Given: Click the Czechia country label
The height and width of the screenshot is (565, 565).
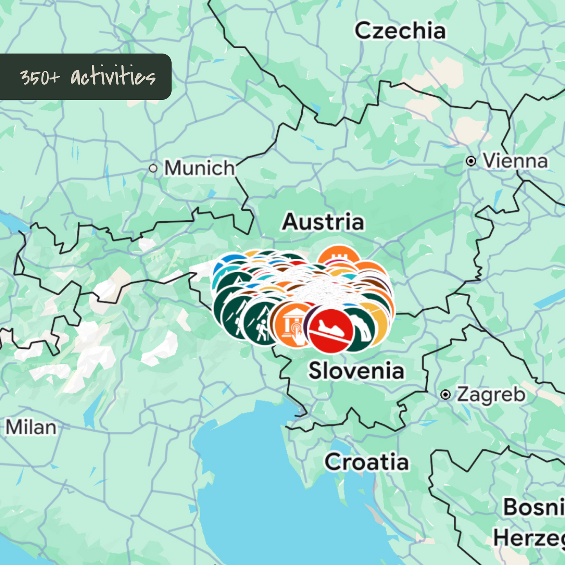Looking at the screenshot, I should pos(400,31).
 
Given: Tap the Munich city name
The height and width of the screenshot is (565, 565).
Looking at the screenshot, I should pos(199,168).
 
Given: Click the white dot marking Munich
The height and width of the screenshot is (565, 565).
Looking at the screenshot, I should pos(153,169).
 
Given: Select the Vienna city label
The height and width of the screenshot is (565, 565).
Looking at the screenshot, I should pos(515,161).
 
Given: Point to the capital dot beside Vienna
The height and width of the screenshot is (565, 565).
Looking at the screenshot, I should pos(471,161).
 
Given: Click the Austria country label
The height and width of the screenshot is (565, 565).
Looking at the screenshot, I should pos(323,222).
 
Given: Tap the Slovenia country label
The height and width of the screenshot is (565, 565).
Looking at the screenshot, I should pos(356,371).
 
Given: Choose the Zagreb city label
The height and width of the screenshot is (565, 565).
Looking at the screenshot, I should pos(491,394).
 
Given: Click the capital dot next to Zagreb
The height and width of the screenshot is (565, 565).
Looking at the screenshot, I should pos(445,395).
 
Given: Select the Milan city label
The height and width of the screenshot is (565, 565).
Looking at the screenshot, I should pos(31,427).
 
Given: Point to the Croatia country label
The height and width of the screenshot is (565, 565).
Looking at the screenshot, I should pos(367,462).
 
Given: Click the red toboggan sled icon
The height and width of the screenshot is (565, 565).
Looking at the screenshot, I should pos(331,329).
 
